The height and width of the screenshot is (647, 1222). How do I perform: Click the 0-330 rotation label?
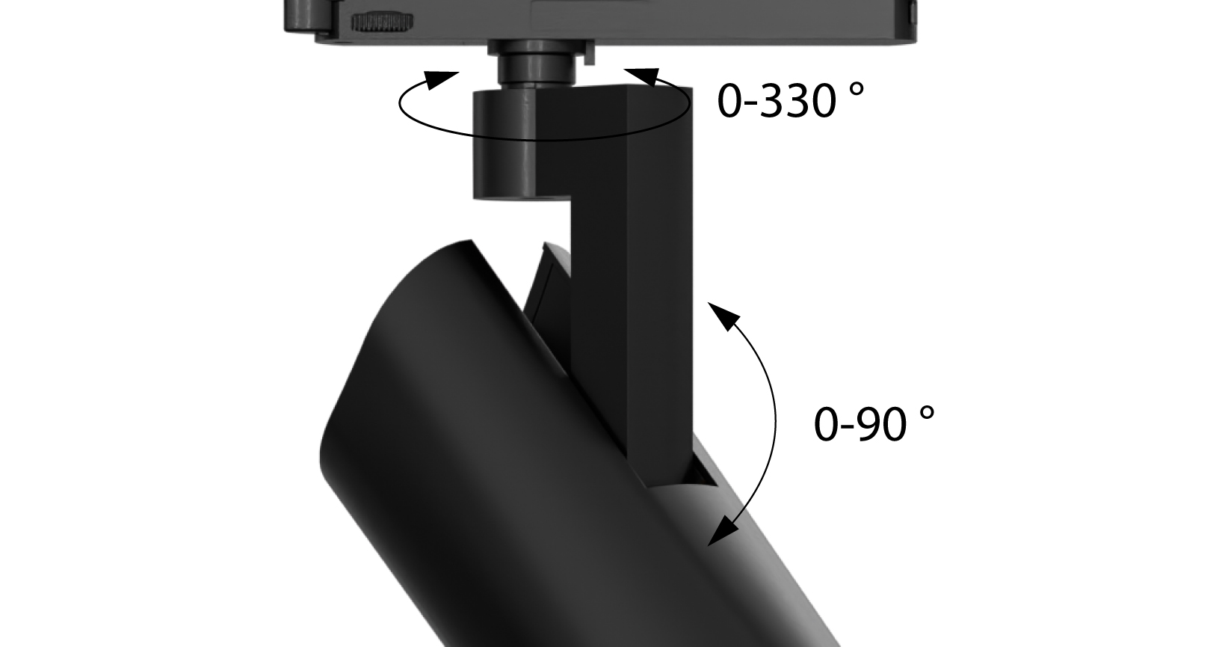[x=777, y=101]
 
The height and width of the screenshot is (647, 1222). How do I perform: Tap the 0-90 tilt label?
[x=860, y=424]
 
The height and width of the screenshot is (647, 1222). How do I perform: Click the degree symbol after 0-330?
[x=857, y=88]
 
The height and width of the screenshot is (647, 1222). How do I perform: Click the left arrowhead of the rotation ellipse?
[x=442, y=78]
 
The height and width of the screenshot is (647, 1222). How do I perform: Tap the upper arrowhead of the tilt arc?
[x=718, y=314]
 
